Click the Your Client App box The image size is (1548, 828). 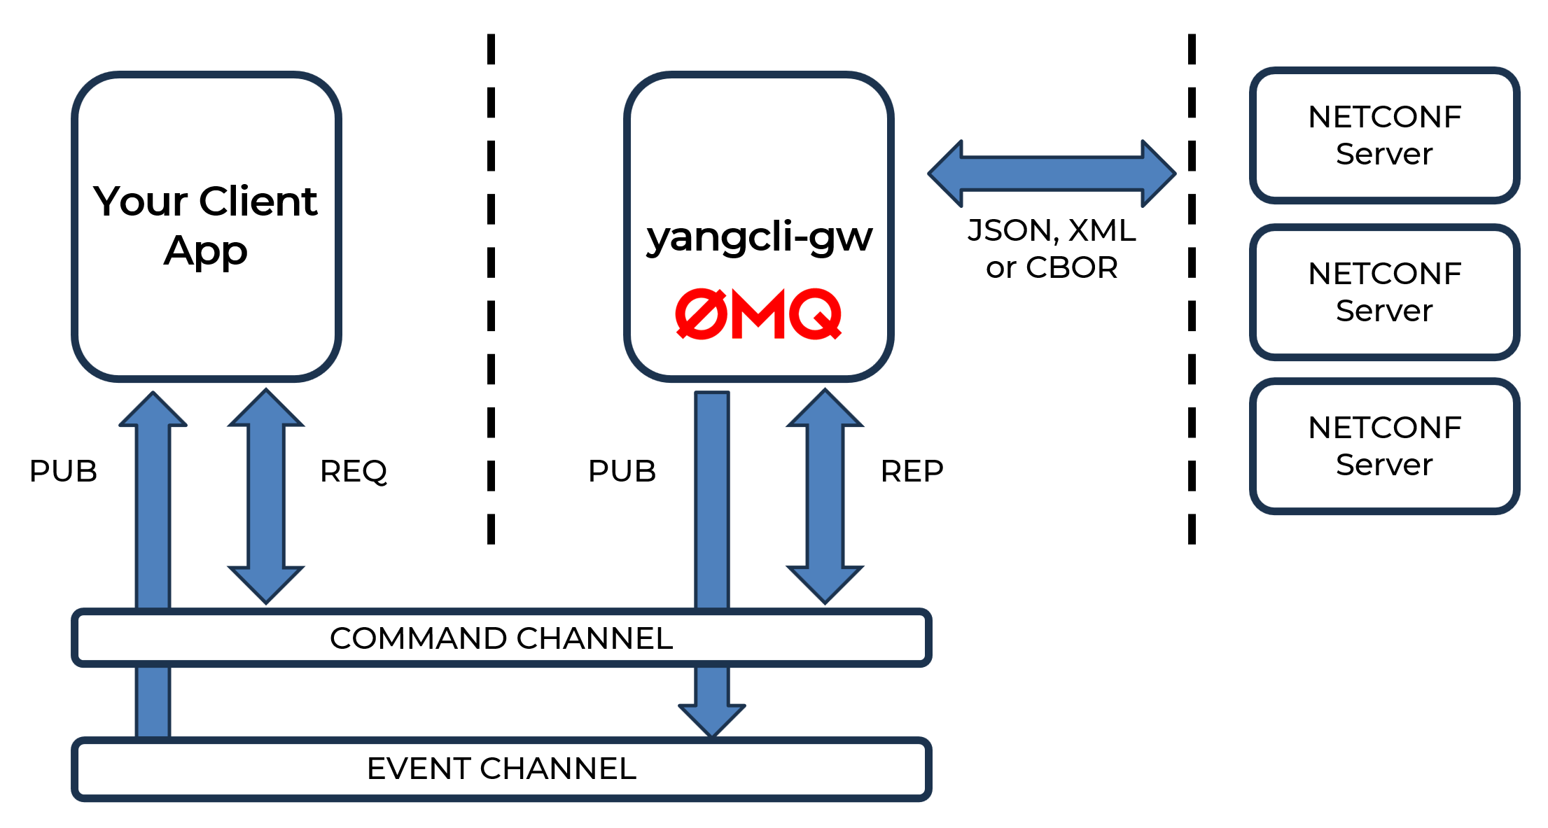206,225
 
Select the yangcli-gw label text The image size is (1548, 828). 759,237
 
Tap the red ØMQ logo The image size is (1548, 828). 758,314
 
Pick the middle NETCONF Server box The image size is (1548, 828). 1384,292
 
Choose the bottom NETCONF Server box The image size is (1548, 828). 1384,446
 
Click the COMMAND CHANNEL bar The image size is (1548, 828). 501,638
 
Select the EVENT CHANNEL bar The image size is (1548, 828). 501,769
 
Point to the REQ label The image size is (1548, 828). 354,471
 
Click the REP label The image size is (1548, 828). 912,471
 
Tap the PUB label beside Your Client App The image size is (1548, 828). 63,471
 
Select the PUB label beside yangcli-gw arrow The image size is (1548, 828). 622,471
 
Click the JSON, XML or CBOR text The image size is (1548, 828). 1052,248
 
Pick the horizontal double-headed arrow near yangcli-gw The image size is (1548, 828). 1052,174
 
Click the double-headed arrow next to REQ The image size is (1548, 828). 266,496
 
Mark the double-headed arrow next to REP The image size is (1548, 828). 825,496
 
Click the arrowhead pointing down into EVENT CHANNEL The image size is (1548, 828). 712,720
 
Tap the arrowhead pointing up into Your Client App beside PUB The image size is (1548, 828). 153,410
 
